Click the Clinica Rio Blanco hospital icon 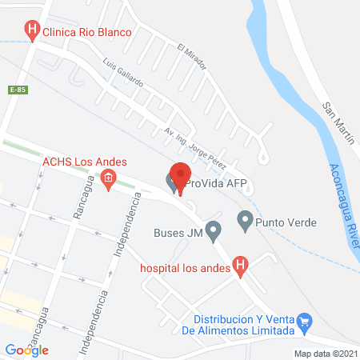tap(31, 33)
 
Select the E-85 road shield tap(18, 90)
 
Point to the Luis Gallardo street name tap(123, 72)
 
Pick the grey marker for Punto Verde tap(246, 218)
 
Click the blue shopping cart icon tap(304, 322)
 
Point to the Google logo tap(26, 350)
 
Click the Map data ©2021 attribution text tap(325, 353)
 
